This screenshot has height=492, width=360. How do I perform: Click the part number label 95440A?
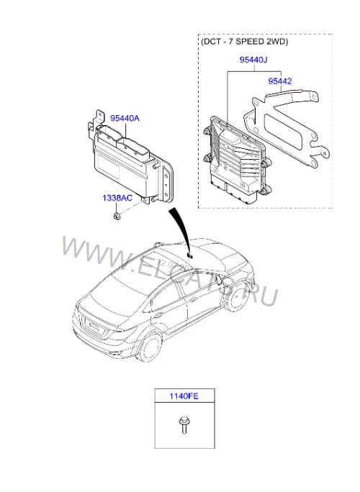125,118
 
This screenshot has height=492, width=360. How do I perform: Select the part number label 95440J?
253,60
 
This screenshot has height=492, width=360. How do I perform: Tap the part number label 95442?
280,81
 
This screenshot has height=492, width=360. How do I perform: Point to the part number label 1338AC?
117,198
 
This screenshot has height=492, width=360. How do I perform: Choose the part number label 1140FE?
184,396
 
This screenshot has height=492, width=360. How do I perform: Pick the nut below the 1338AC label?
117,216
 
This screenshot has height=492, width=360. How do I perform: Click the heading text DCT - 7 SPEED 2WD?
244,42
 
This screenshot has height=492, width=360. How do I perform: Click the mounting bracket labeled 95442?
286,125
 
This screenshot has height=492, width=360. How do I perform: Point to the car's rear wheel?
151,347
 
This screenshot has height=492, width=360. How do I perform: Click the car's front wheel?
236,298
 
